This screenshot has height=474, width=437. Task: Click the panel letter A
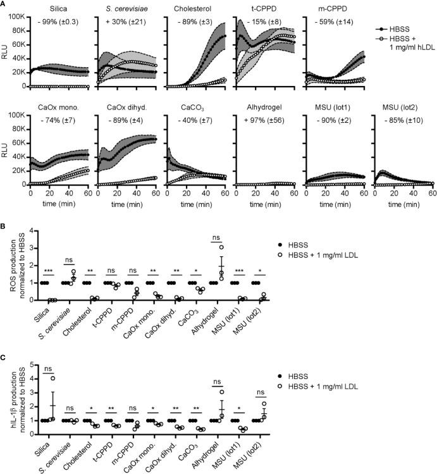(4, 4)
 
